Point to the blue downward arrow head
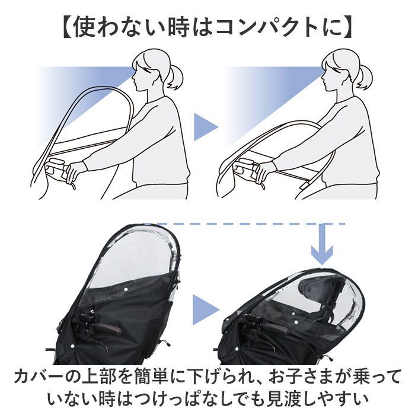[321, 256]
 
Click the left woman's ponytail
[175, 76]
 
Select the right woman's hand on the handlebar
[263, 171]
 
